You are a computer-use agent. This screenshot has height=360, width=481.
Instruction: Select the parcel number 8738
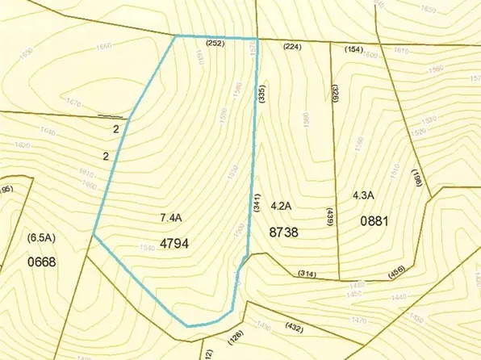(284, 231)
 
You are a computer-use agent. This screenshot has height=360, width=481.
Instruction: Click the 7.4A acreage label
(171, 218)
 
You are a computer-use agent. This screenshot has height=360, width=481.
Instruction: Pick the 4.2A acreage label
(280, 207)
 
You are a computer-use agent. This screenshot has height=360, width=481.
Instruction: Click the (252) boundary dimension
(215, 43)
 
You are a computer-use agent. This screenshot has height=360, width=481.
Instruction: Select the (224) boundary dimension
(291, 48)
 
